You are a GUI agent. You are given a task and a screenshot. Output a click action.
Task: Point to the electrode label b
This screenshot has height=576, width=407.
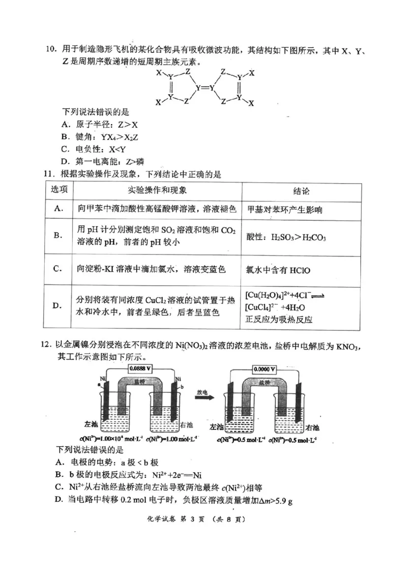181,387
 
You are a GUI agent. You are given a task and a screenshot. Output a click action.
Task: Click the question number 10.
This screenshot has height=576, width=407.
50,49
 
